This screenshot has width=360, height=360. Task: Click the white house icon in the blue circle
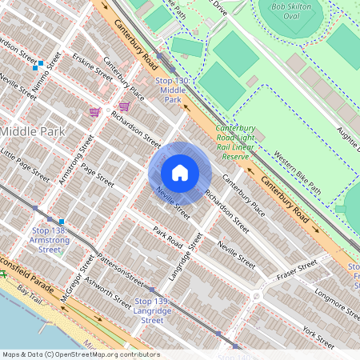click(x=180, y=173)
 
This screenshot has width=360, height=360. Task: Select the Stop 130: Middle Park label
click(x=172, y=91)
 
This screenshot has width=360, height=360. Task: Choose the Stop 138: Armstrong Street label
click(x=49, y=239)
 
